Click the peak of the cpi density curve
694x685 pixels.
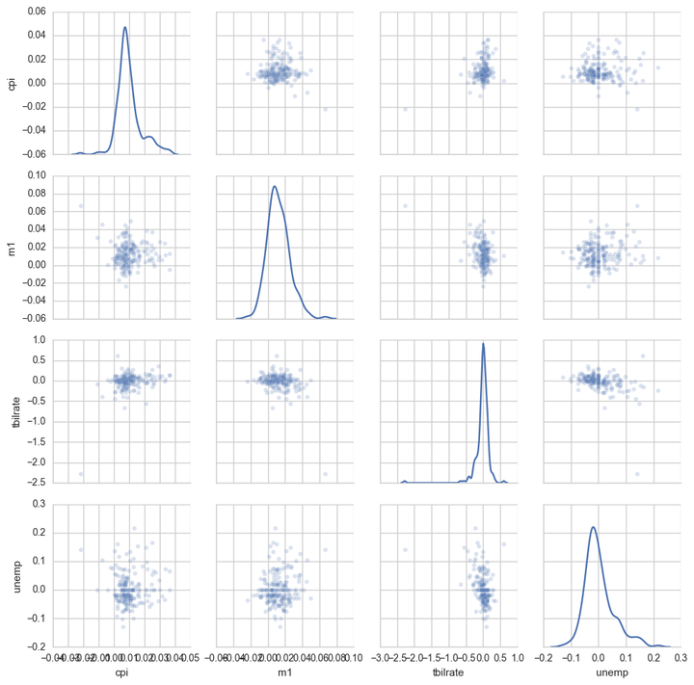pos(124,27)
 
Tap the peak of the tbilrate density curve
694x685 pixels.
pos(483,343)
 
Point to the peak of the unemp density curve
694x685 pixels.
pos(593,526)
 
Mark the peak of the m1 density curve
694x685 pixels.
pos(275,186)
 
